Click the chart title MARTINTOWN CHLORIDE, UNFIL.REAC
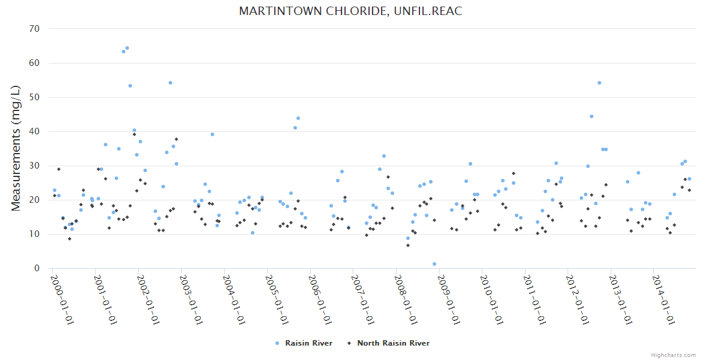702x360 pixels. [x=350, y=11]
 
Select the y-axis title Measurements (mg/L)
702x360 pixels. [x=16, y=148]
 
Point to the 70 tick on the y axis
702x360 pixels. [x=34, y=29]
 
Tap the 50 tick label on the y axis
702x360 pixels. [x=34, y=97]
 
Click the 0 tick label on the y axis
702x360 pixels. [x=37, y=268]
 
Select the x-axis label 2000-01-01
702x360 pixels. [x=61, y=299]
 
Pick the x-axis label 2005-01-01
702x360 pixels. [x=276, y=299]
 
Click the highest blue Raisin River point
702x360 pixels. [x=127, y=48]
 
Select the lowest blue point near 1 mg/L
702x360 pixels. [x=434, y=264]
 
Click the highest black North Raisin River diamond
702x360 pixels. [x=134, y=134]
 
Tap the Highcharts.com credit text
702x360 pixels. [x=673, y=355]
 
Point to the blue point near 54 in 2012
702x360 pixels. [x=599, y=83]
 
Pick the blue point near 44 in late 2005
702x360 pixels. [x=298, y=118]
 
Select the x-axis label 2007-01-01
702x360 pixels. [x=362, y=299]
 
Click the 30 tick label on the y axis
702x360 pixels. [x=34, y=166]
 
